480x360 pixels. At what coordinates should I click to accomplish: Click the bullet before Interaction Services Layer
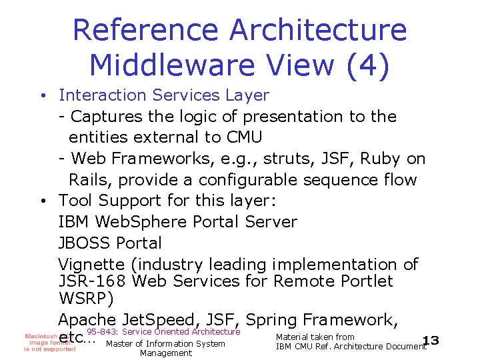pos(42,96)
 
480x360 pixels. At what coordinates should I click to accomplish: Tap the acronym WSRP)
pos(84,297)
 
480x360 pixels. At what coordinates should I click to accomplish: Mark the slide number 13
pos(431,341)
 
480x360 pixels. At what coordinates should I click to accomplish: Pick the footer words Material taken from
pos(315,337)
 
